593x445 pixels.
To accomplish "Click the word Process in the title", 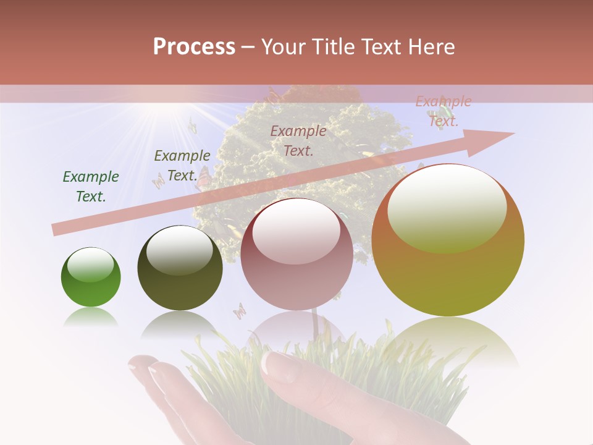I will pos(194,47).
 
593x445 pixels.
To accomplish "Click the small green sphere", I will pos(91,277).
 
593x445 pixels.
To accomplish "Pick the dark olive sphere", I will pos(180,268).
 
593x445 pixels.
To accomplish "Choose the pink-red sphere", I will pos(296,254).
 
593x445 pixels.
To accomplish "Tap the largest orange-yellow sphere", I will pos(448,240).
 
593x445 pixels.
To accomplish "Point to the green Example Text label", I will pos(91,187).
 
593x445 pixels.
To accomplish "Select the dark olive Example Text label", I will pos(182,166).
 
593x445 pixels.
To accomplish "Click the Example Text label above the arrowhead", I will pos(444,111).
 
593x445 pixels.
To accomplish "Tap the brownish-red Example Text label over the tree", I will pos(298,140).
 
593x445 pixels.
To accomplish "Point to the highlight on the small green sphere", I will pos(90,265).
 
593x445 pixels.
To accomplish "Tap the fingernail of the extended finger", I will pos(276,365).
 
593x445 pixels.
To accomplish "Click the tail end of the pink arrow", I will pos(56,230).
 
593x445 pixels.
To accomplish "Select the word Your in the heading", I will pos(282,47).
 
